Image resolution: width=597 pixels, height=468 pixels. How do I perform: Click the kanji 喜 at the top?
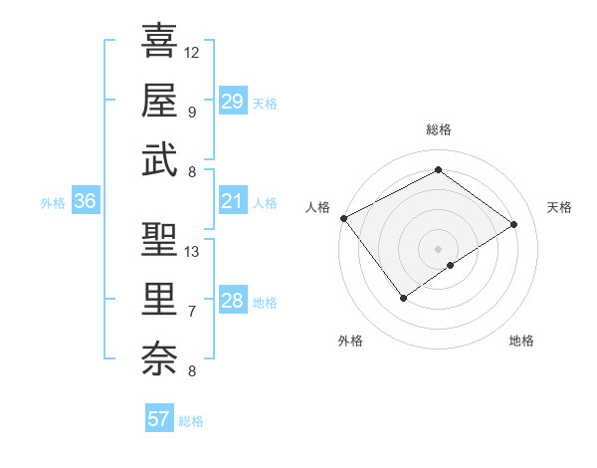tap(158, 41)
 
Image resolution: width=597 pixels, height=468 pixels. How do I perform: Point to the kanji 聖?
tap(158, 240)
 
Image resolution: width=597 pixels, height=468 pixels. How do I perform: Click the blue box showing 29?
tap(232, 102)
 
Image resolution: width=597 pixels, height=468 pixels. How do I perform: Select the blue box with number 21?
tap(232, 202)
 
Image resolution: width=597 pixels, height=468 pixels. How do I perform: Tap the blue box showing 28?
tap(232, 302)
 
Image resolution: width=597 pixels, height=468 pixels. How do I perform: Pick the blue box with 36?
tap(85, 202)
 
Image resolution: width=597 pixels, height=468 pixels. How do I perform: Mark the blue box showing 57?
tap(158, 419)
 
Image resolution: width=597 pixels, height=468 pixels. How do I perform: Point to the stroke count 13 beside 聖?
tap(192, 251)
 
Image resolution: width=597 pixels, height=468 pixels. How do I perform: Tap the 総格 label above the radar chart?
tap(438, 129)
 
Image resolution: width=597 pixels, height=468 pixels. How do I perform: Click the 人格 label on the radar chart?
tap(318, 207)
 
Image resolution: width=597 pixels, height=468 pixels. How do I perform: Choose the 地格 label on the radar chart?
tap(521, 341)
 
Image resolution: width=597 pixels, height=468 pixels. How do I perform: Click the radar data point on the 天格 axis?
tap(514, 224)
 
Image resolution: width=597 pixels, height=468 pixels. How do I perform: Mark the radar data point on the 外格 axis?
tap(403, 298)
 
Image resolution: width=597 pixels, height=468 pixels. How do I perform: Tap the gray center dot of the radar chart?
tap(438, 248)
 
